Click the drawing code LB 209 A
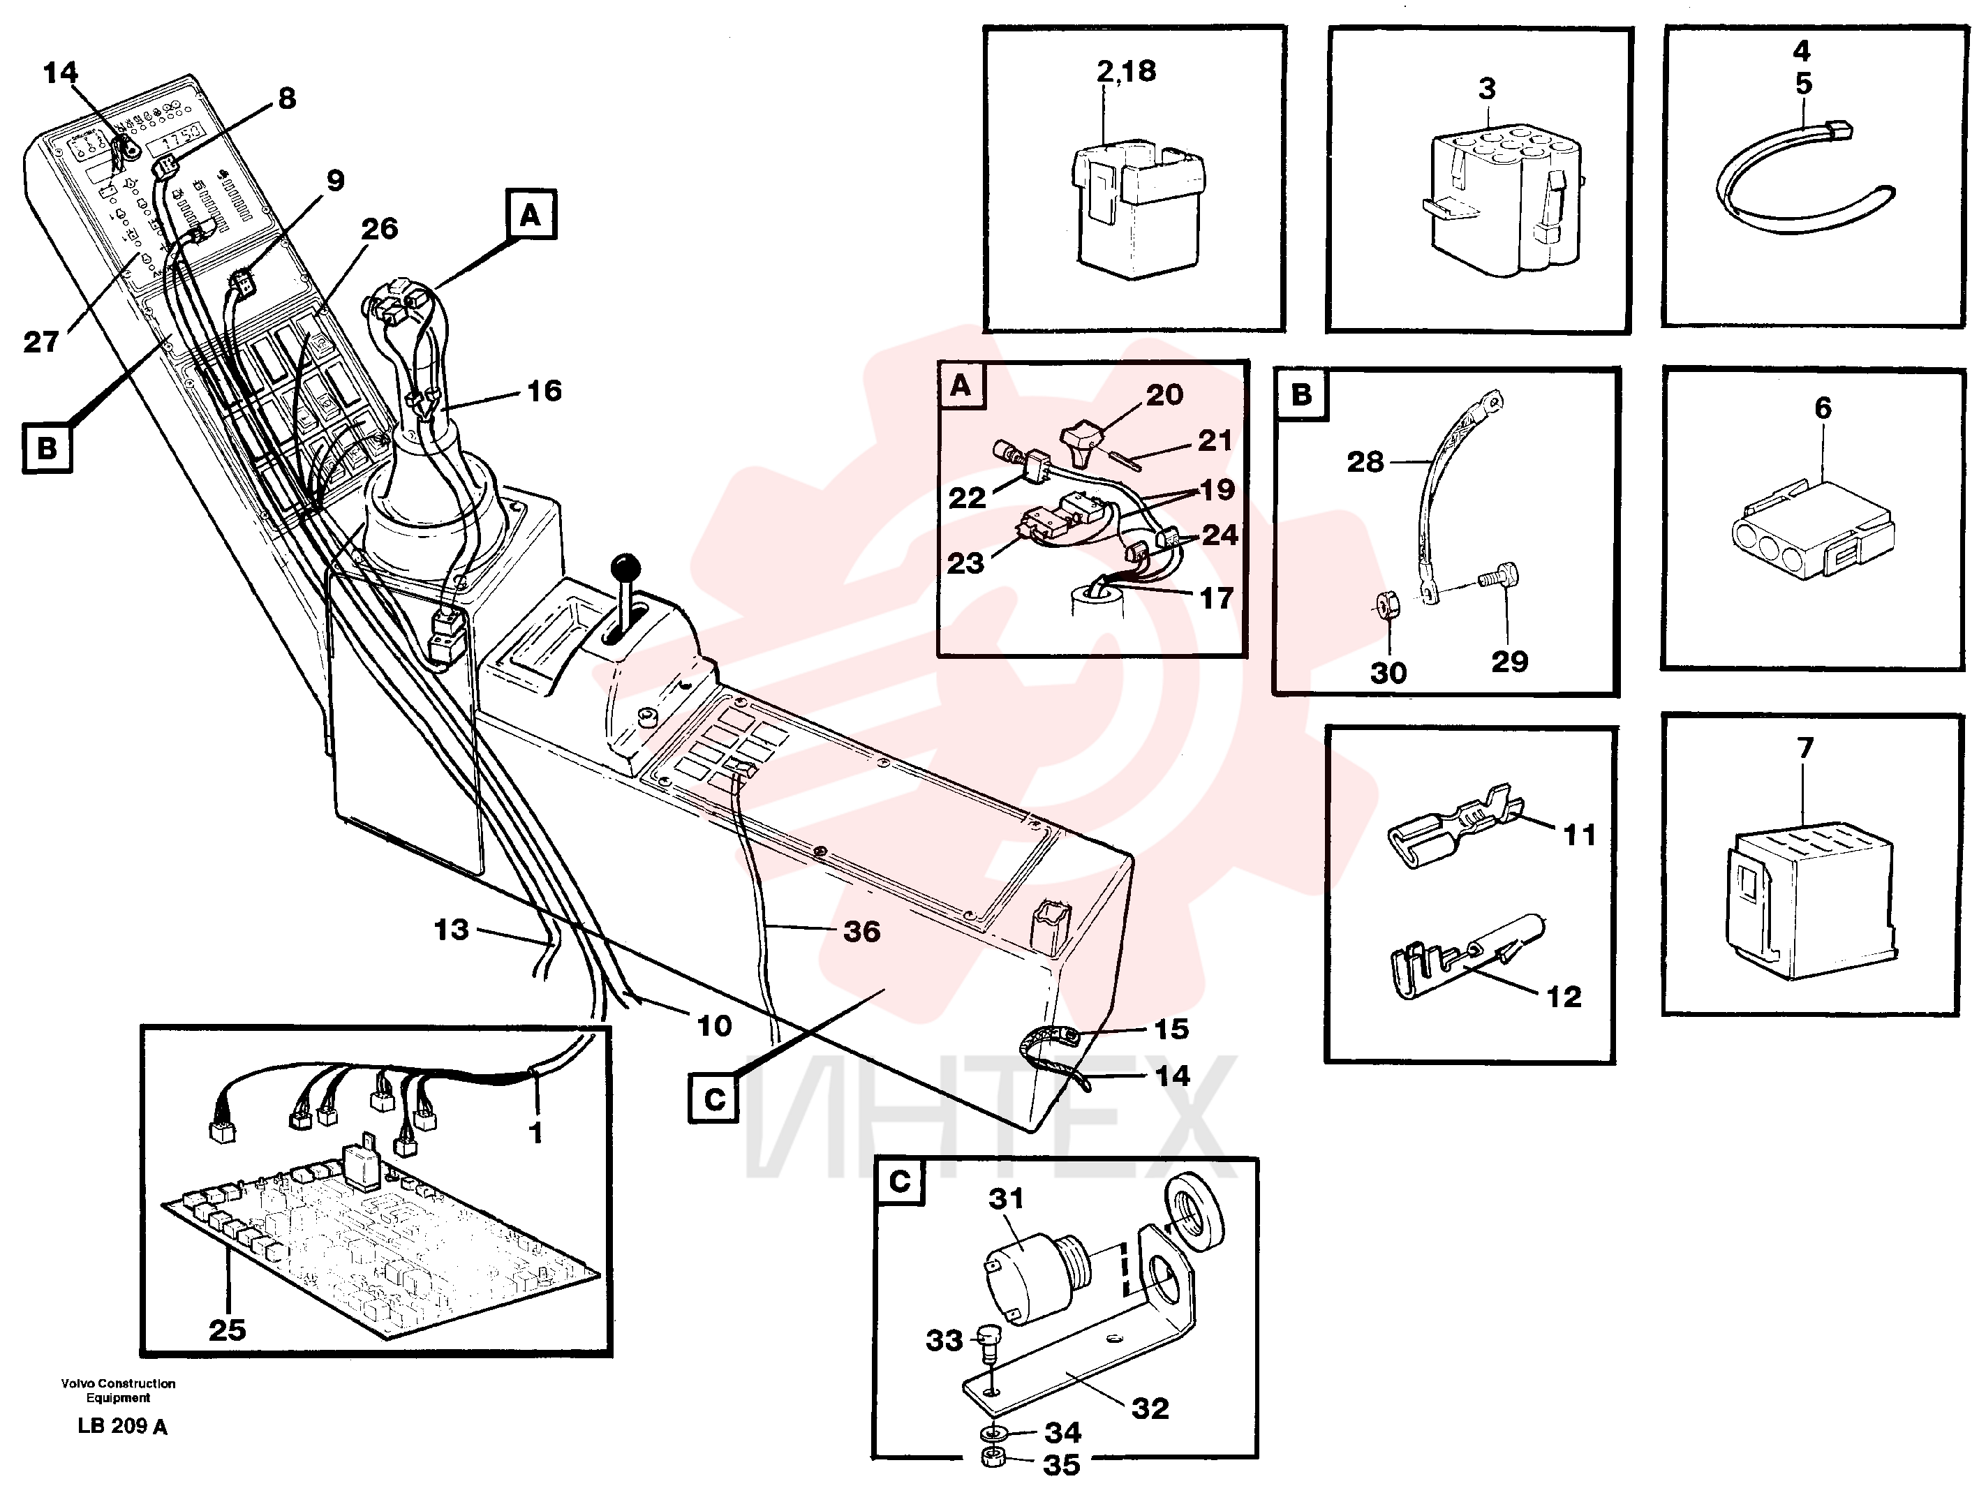pos(122,1426)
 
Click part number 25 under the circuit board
pos(227,1330)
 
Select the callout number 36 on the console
pos(861,931)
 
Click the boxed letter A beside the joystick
pos(531,214)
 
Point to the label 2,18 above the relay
pos(1126,71)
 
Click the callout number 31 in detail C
pos(1006,1198)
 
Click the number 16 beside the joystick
pos(544,391)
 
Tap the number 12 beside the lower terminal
pos(1563,996)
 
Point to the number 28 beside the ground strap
pos(1365,461)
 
